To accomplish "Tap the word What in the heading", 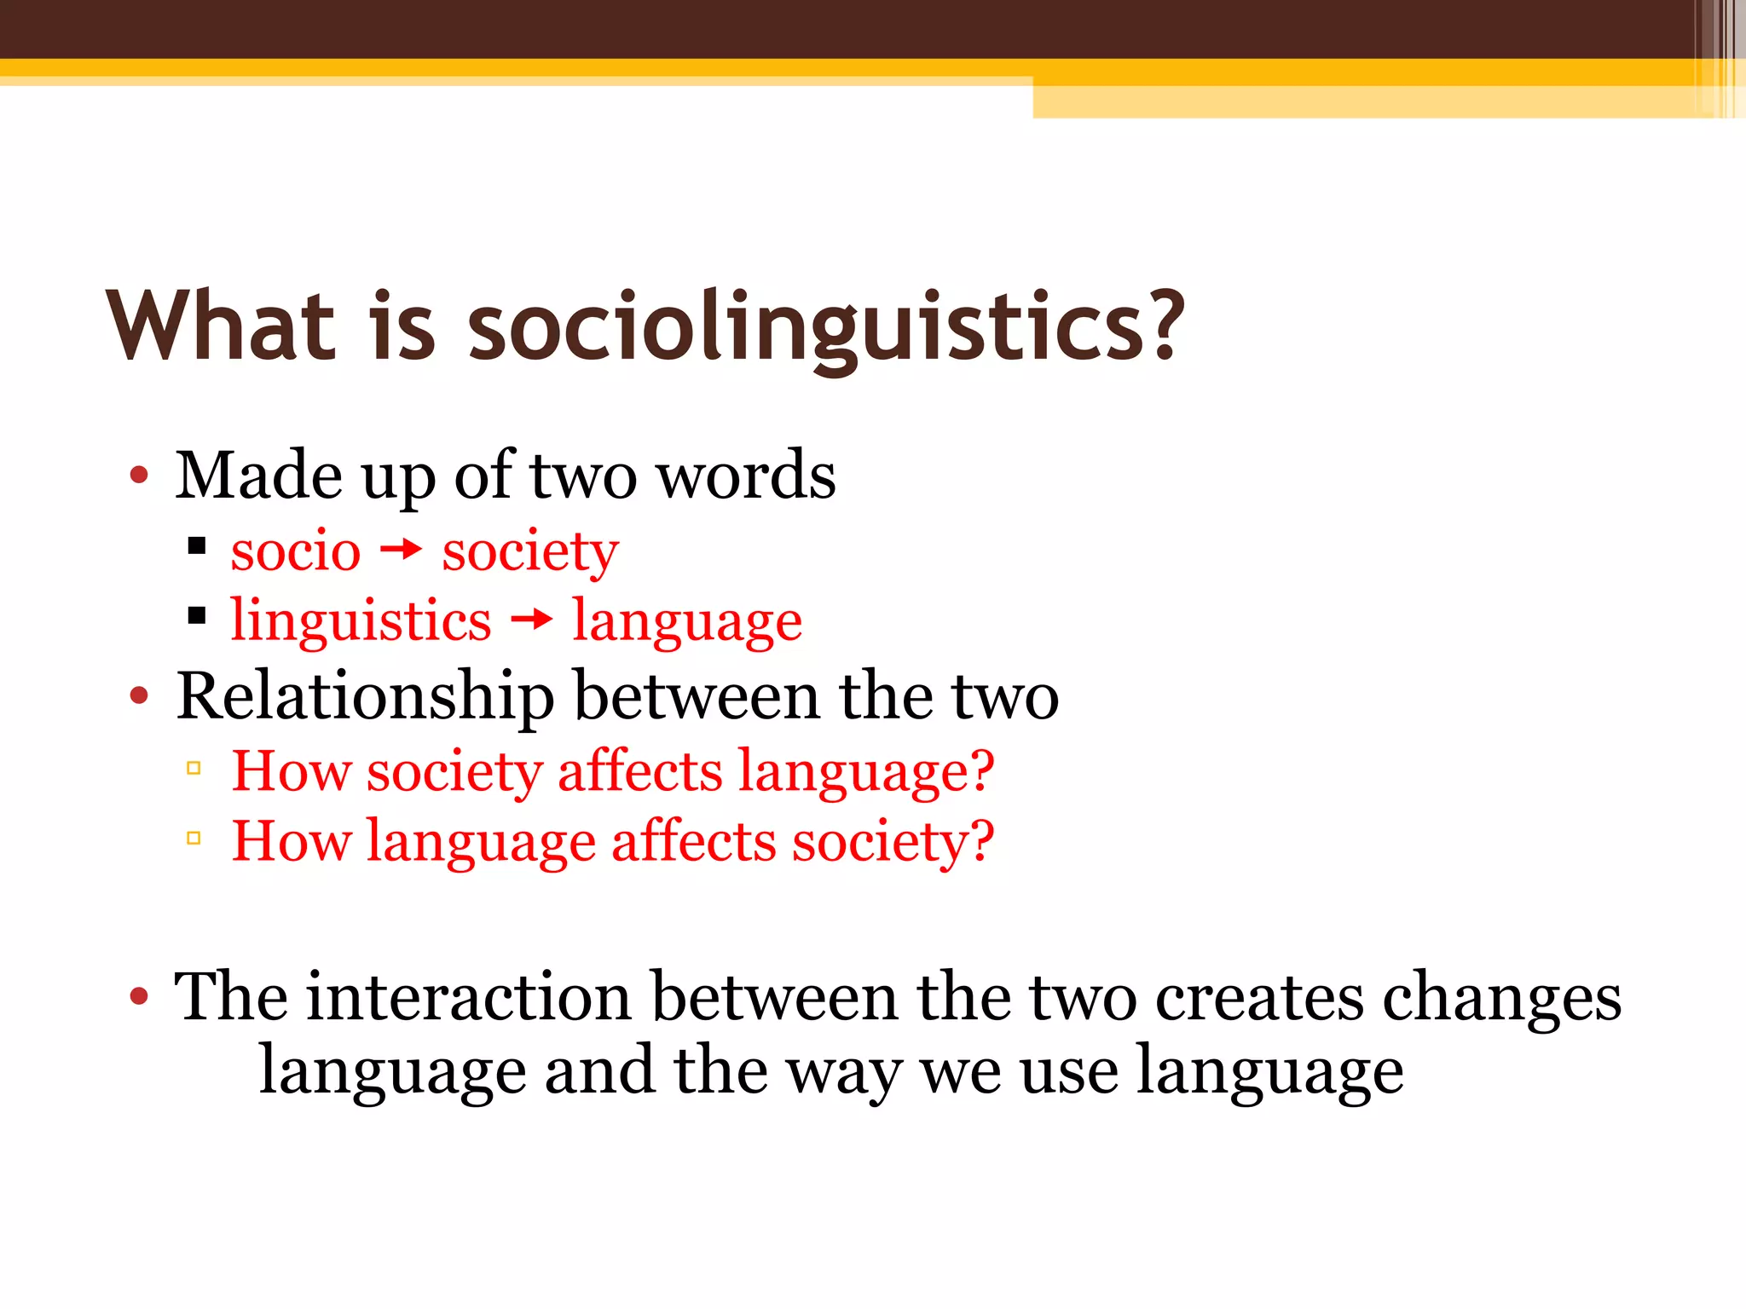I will pos(220,326).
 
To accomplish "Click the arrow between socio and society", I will pos(401,551).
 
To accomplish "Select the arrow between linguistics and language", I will pos(531,620).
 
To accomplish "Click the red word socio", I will pos(295,551).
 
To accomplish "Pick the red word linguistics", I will pos(361,621).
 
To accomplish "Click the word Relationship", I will pos(365,698).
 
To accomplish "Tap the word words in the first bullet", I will pos(748,476).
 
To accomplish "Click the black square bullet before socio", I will pos(197,546).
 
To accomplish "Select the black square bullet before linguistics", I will pos(197,615).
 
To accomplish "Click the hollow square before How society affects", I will pos(194,769).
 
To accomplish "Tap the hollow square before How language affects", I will pos(194,839).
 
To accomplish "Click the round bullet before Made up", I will pos(139,476).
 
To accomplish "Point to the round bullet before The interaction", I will pos(139,996).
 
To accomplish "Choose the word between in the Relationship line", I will pos(697,697).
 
